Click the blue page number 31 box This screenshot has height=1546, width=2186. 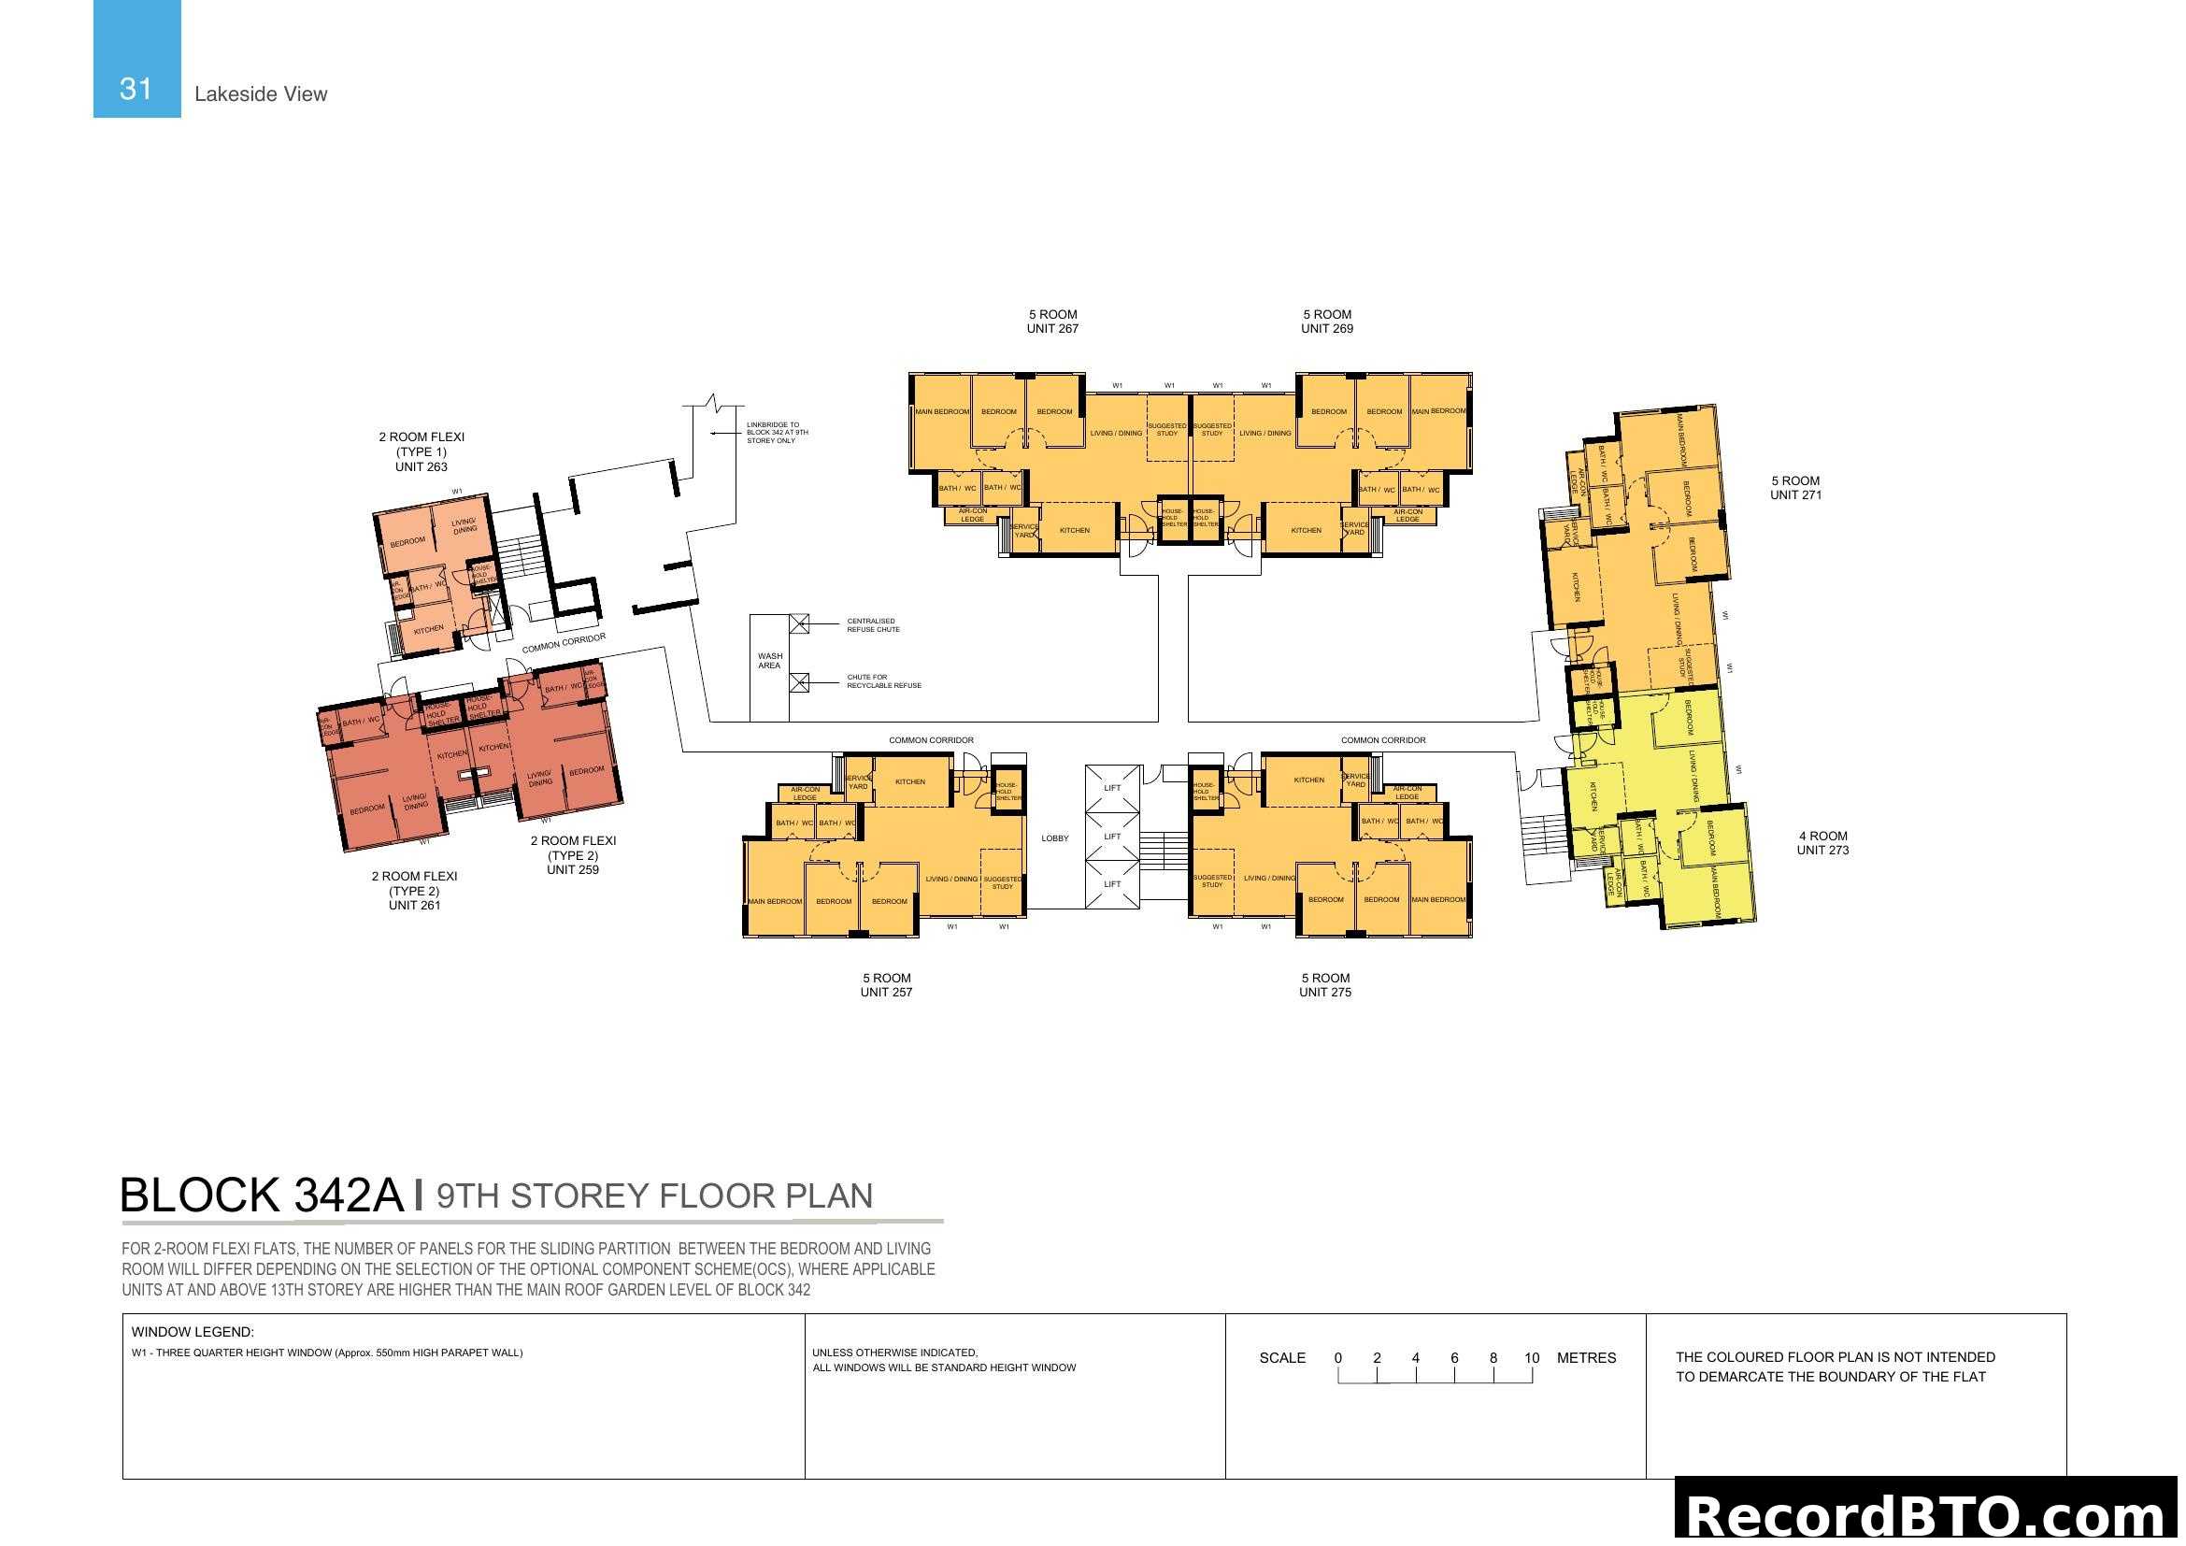136,59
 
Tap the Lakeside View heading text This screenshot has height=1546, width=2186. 260,94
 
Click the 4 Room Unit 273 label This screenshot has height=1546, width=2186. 1822,843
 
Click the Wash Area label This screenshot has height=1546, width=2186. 769,661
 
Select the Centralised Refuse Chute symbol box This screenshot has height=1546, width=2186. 799,624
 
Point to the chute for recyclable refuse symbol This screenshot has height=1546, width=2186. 799,682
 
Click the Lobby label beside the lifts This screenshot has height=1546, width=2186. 1055,838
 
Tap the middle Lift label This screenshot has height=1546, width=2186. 1112,837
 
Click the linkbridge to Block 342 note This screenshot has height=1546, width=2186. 777,433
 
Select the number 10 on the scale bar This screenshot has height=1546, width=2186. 1531,1358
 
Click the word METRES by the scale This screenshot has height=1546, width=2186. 1586,1358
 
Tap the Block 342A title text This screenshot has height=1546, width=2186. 262,1195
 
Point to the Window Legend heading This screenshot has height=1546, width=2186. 193,1333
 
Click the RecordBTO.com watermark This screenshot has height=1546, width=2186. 1929,1515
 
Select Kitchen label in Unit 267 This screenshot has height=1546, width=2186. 1074,530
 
